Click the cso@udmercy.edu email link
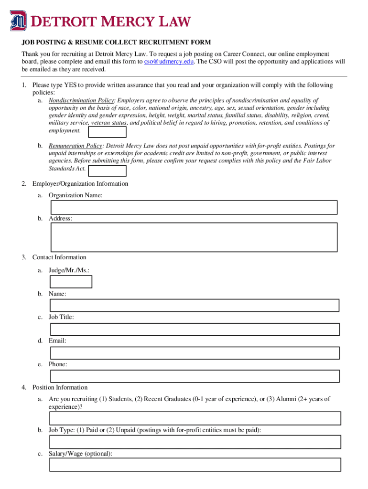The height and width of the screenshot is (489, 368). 169,62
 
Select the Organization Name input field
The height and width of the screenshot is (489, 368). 194,207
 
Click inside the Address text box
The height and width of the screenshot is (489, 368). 194,237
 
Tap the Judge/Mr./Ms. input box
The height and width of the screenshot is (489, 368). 71,282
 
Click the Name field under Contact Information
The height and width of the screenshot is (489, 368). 195,305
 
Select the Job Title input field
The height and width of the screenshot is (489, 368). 195,329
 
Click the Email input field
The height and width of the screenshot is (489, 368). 195,353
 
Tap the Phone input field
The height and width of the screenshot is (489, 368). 195,376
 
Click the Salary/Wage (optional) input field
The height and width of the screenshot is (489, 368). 195,465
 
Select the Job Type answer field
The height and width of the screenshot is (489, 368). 195,442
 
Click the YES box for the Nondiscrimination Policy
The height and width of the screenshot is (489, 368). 108,132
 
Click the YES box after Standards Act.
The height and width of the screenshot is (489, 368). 108,170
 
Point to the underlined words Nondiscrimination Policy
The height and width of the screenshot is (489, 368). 81,100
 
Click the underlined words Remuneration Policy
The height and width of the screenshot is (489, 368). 75,146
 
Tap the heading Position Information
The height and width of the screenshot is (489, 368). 60,387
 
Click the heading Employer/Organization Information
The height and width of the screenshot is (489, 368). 80,184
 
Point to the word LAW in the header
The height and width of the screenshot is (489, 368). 174,21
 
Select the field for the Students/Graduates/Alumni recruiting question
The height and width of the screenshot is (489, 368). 195,418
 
